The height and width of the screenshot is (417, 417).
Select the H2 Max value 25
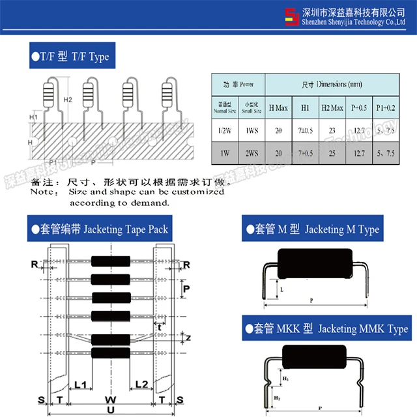pyautogui.click(x=332, y=154)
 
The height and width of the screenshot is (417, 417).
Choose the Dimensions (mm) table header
pyautogui.click(x=332, y=85)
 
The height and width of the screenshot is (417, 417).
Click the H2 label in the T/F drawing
pyautogui.click(x=68, y=99)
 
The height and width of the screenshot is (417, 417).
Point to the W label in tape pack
pyautogui.click(x=111, y=398)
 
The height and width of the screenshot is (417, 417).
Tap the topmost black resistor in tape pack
pyautogui.click(x=111, y=261)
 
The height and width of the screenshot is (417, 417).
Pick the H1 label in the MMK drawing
pyautogui.click(x=284, y=379)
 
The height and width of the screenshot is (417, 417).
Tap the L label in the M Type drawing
pyautogui.click(x=281, y=289)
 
